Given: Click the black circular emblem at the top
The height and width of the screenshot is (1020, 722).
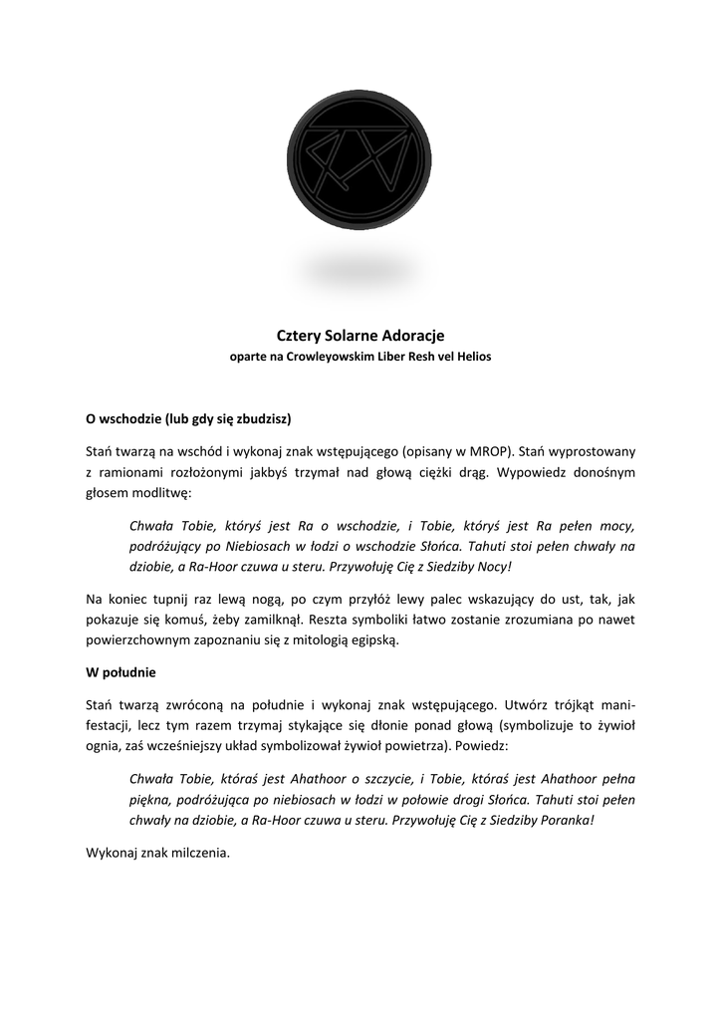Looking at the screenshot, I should click(361, 160).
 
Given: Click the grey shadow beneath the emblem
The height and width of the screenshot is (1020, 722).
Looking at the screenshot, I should click(361, 271).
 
